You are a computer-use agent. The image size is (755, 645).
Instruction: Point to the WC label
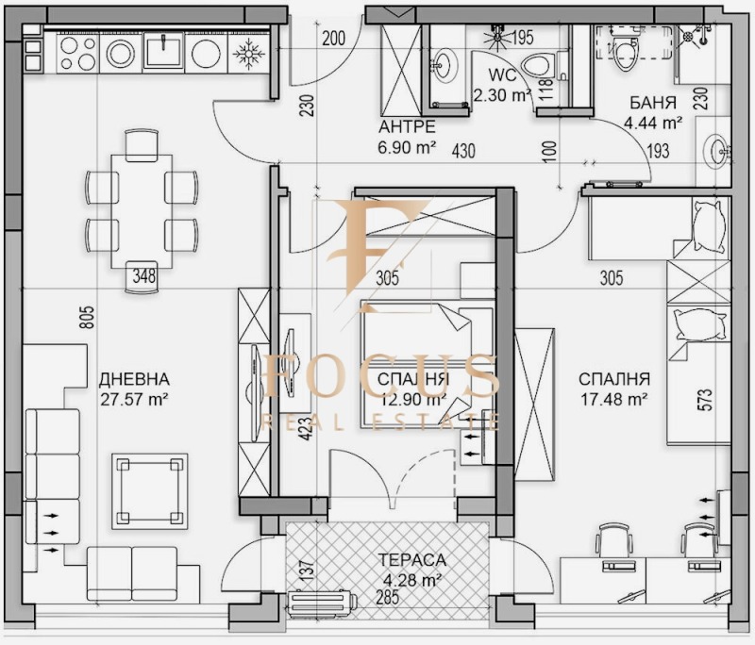pos(501,75)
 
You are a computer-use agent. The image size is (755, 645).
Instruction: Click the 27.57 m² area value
pos(133,398)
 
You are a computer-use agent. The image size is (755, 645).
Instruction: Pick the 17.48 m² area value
pos(613,398)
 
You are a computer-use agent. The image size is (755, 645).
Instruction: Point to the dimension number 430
pos(462,149)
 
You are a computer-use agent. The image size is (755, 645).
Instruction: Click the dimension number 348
pos(143,275)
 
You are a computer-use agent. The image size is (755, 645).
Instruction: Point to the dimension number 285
pos(388,596)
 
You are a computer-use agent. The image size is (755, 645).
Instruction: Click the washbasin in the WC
pos(443,66)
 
